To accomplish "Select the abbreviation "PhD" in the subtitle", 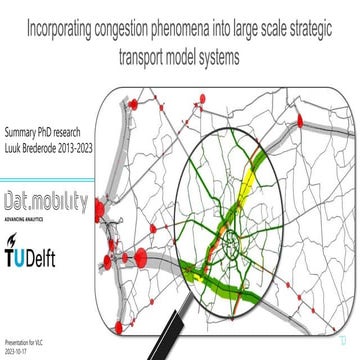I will pyautogui.click(x=58, y=131).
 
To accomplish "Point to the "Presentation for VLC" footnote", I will pyautogui.click(x=23, y=343).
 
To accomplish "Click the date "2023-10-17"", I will pyautogui.click(x=17, y=352).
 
